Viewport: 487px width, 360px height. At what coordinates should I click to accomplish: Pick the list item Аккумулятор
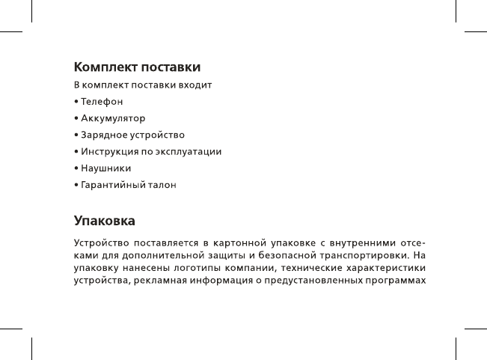pos(113,118)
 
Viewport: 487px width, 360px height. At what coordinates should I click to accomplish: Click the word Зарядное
pos(105,135)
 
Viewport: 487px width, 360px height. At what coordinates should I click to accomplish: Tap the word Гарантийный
pos(114,184)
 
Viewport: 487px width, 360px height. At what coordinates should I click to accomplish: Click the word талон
pos(163,184)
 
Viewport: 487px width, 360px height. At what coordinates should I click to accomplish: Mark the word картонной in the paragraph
pos(238,243)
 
